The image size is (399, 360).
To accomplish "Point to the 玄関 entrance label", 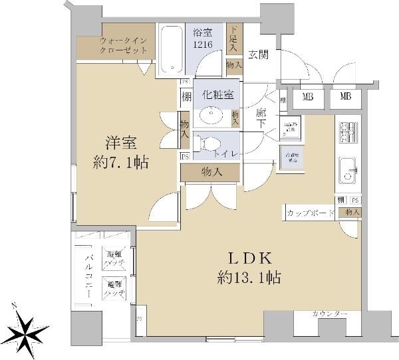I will [x=259, y=55].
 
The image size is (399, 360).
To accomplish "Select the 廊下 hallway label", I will [x=261, y=119].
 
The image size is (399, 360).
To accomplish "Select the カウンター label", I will [x=329, y=314].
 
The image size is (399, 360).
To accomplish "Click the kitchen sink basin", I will [x=348, y=169].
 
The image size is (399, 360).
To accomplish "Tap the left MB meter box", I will [x=308, y=97].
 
